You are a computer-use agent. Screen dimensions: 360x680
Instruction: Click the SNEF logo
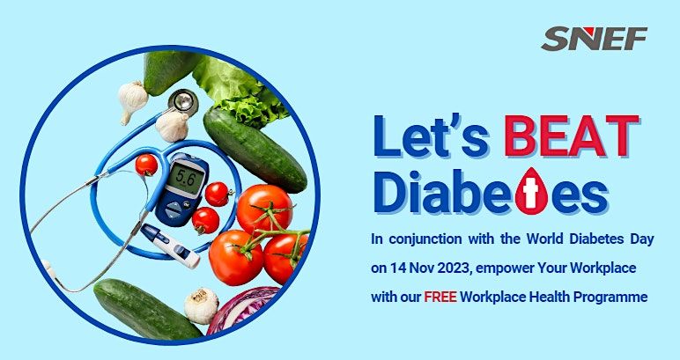click(x=595, y=39)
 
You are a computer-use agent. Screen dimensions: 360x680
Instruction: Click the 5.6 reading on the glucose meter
click(x=187, y=174)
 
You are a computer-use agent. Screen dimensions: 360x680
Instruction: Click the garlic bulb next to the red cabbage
click(x=202, y=304)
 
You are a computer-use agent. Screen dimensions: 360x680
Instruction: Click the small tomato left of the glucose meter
click(x=146, y=165)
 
